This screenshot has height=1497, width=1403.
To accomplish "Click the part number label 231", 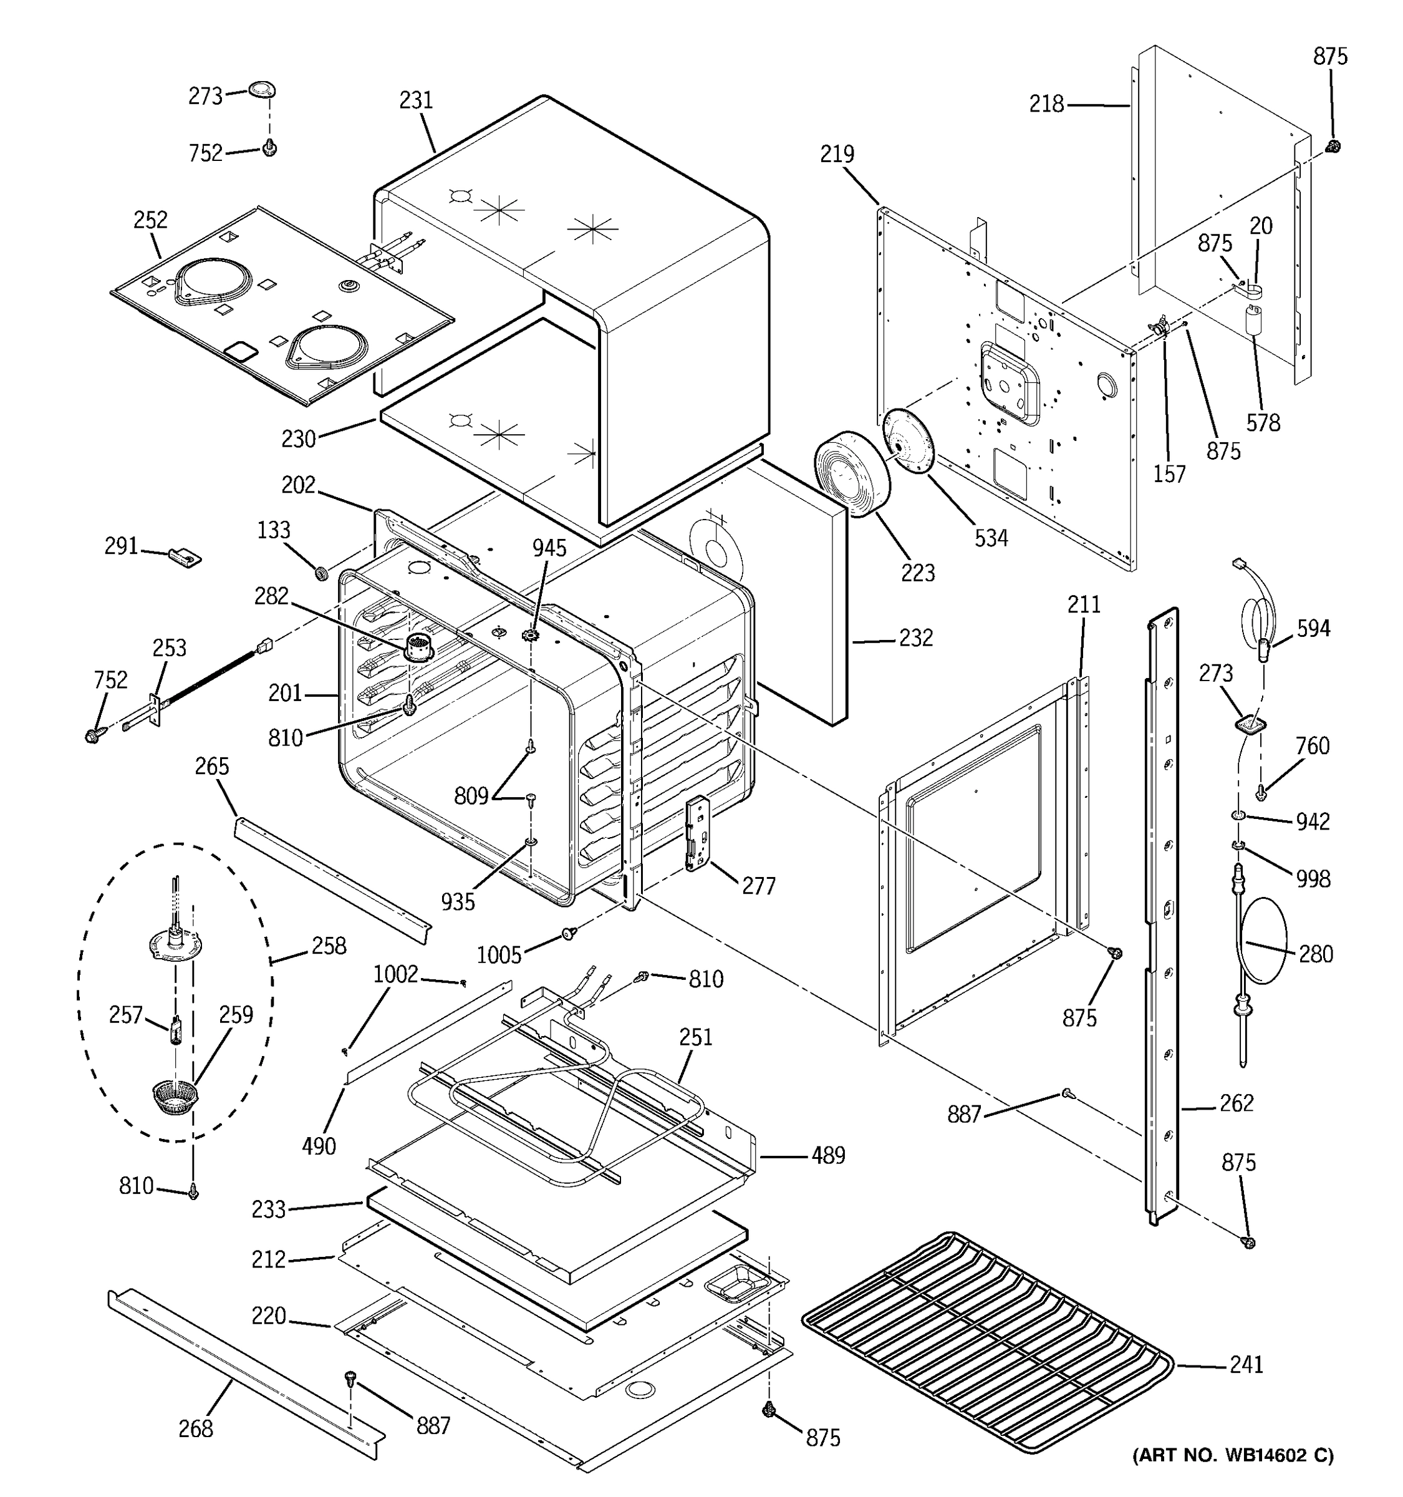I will tap(417, 100).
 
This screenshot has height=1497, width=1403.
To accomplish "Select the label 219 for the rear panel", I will tap(837, 154).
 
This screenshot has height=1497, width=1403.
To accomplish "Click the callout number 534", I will tap(991, 538).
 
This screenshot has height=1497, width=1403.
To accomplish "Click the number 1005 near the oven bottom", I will tap(499, 956).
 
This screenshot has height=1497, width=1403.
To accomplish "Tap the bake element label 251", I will tap(695, 1038).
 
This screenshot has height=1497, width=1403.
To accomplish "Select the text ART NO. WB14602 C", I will tap(1233, 1475).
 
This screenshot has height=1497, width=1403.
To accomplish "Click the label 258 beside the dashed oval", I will tap(329, 946).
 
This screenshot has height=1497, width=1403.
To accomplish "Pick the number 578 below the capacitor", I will tap(1263, 423).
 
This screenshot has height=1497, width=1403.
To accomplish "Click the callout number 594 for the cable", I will tap(1313, 629).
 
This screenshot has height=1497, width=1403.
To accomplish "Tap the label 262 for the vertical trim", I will tap(1237, 1103).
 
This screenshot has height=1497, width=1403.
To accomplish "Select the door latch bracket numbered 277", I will tap(698, 833).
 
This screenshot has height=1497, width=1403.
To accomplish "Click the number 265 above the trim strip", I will tap(211, 767).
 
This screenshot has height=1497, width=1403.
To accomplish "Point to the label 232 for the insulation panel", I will tap(915, 638).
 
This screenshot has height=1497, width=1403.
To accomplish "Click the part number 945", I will tap(549, 548).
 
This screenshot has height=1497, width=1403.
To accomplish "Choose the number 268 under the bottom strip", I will tap(196, 1428).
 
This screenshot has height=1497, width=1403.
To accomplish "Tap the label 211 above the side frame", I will tap(1084, 604).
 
